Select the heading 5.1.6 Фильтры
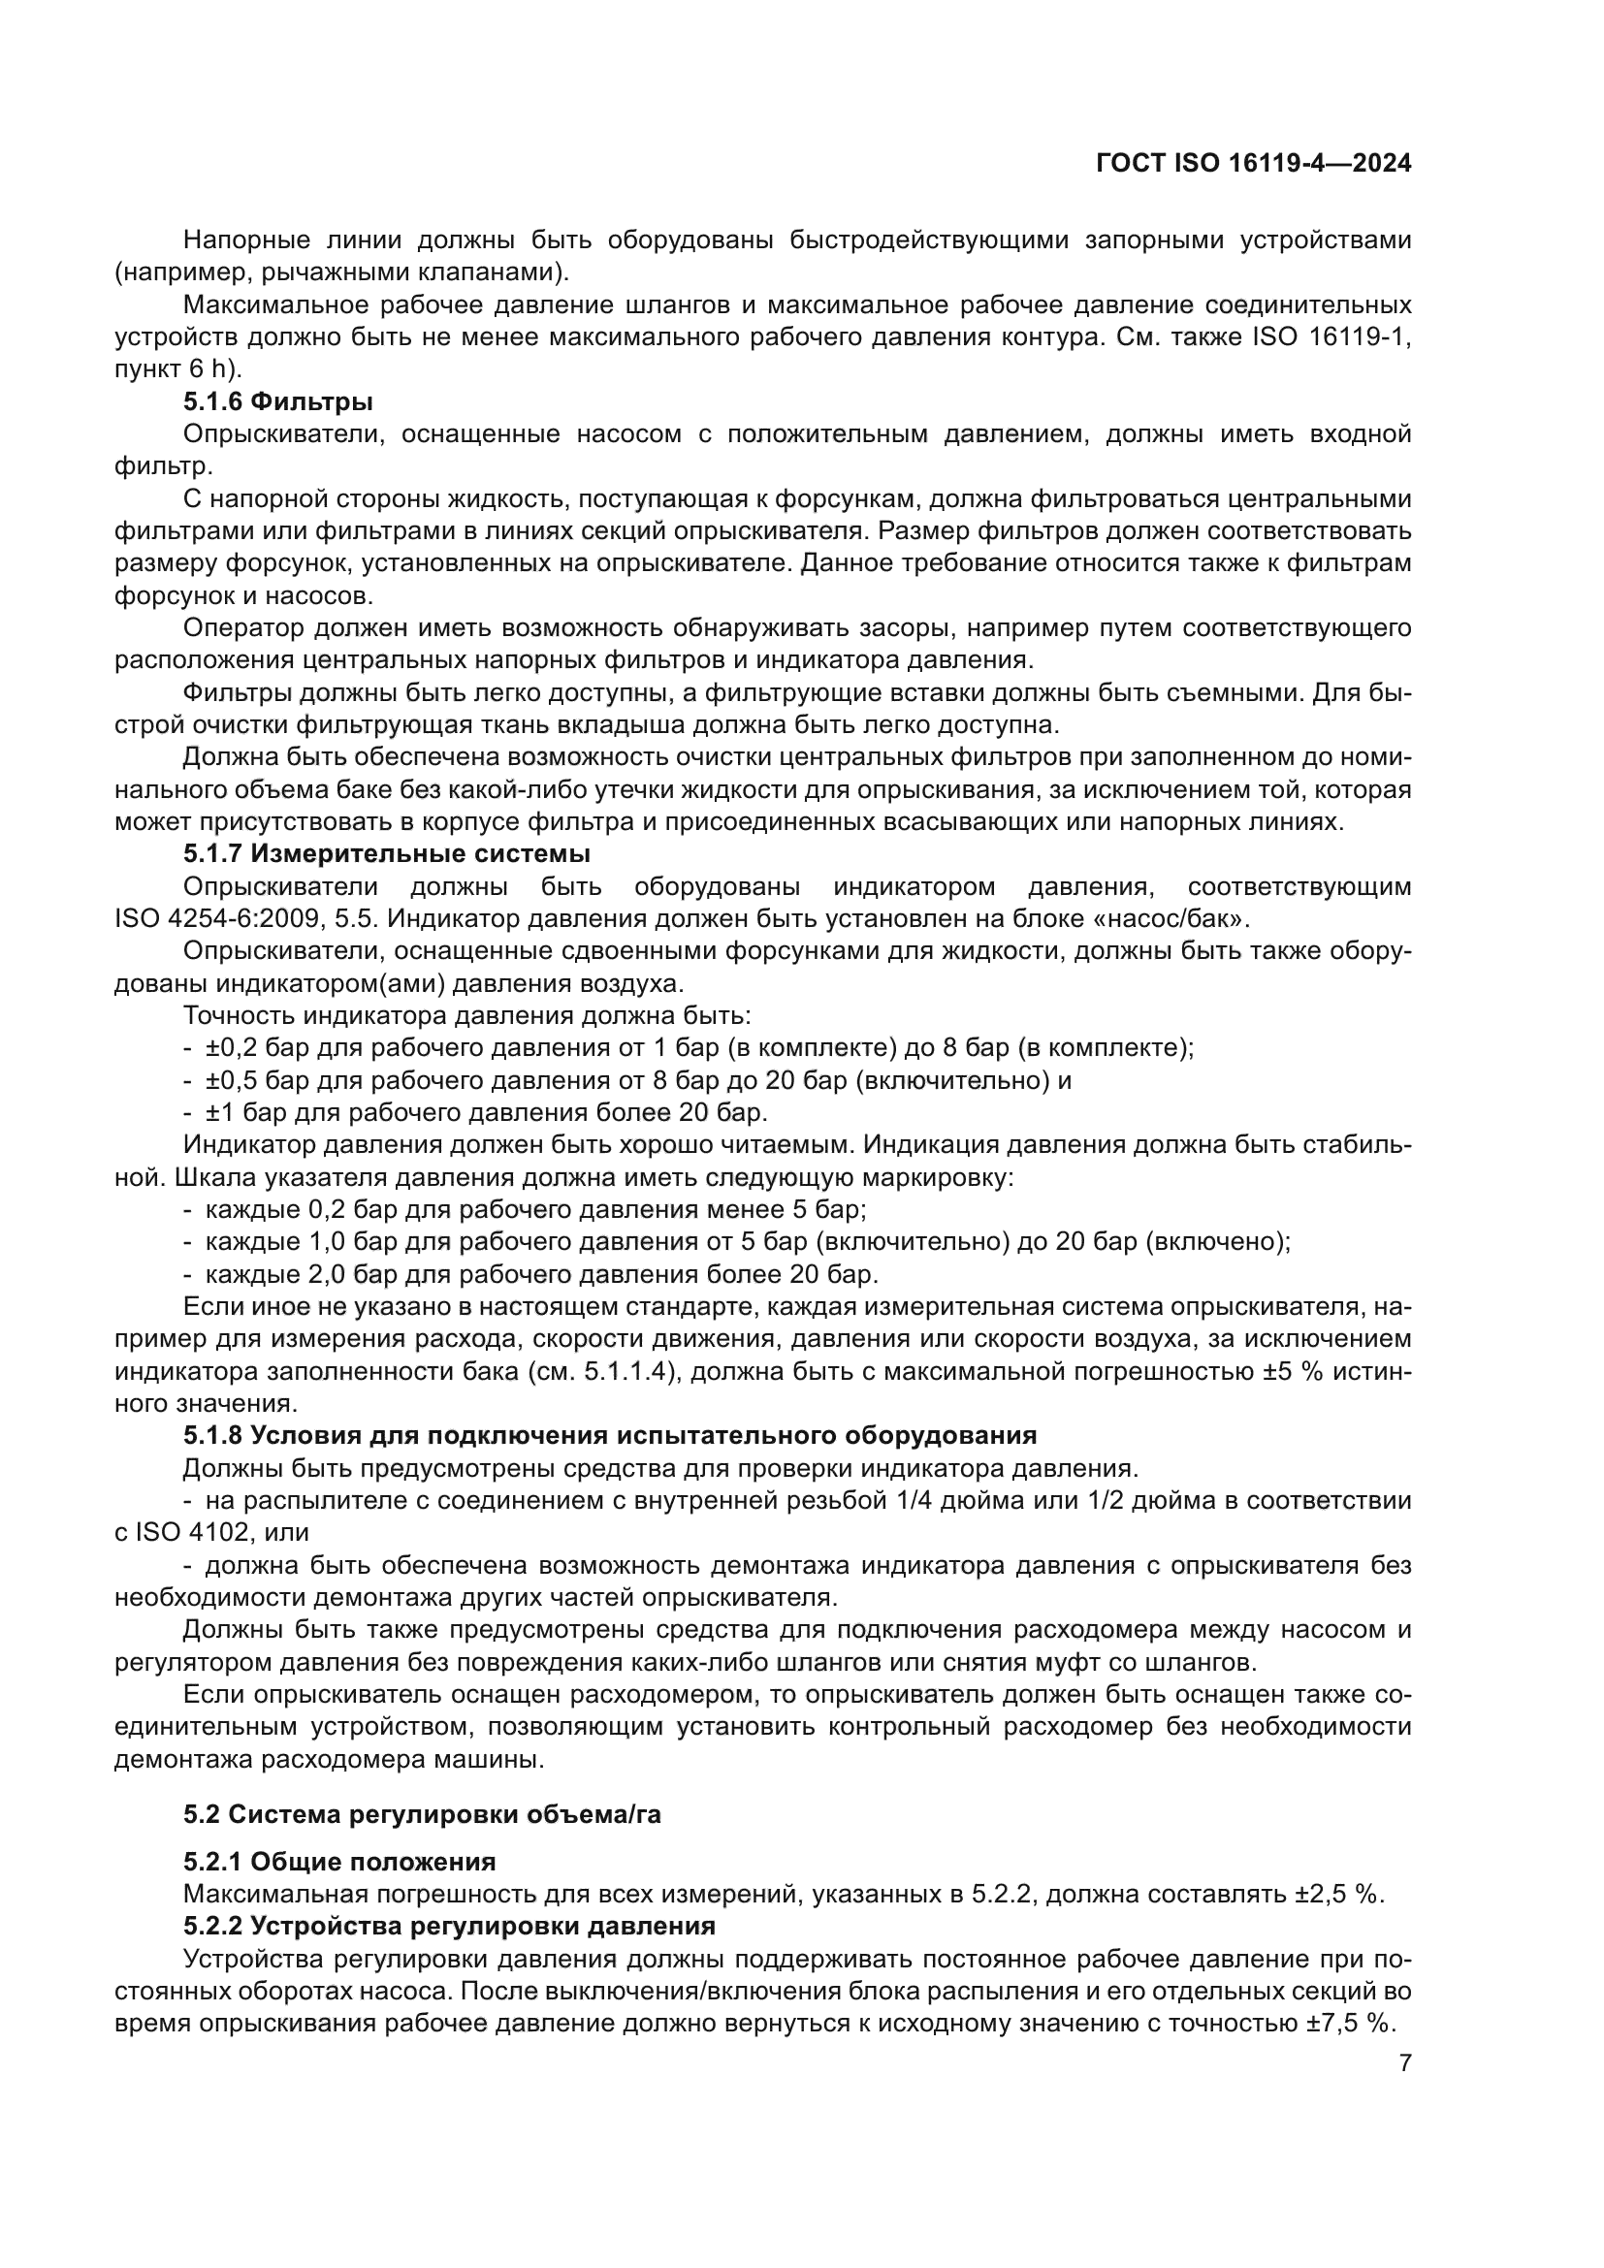tap(277, 402)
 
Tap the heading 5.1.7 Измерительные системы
tap(386, 853)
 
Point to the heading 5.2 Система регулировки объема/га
tap(422, 1814)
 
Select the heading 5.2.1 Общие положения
tap(338, 1862)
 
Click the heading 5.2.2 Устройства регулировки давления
tap(448, 1927)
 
